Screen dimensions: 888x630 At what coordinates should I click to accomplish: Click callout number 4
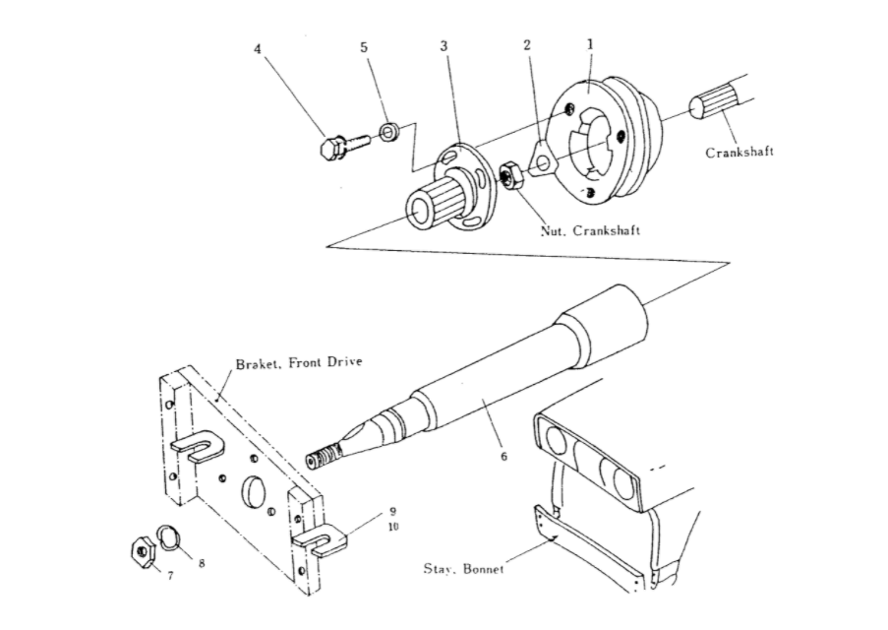coord(258,49)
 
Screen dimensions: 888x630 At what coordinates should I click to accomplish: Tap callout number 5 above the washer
coord(364,47)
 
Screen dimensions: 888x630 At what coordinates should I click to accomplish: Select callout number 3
coord(444,46)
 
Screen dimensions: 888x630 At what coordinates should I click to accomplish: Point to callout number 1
coord(590,43)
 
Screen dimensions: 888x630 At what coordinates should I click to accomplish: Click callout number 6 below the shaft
coord(504,456)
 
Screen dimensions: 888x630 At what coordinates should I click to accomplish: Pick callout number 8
coord(202,563)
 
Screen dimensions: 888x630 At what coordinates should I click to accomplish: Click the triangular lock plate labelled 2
coord(543,157)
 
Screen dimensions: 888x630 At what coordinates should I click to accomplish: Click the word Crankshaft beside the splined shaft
coord(740,152)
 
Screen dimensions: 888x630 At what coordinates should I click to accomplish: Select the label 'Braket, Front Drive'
coord(299,362)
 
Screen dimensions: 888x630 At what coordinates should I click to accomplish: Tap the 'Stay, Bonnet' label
coord(463,569)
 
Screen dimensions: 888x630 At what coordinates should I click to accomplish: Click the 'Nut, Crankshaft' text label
coord(590,230)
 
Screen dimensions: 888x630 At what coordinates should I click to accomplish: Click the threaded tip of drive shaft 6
coord(325,457)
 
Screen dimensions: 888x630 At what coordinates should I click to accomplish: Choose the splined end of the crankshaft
coord(715,102)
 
